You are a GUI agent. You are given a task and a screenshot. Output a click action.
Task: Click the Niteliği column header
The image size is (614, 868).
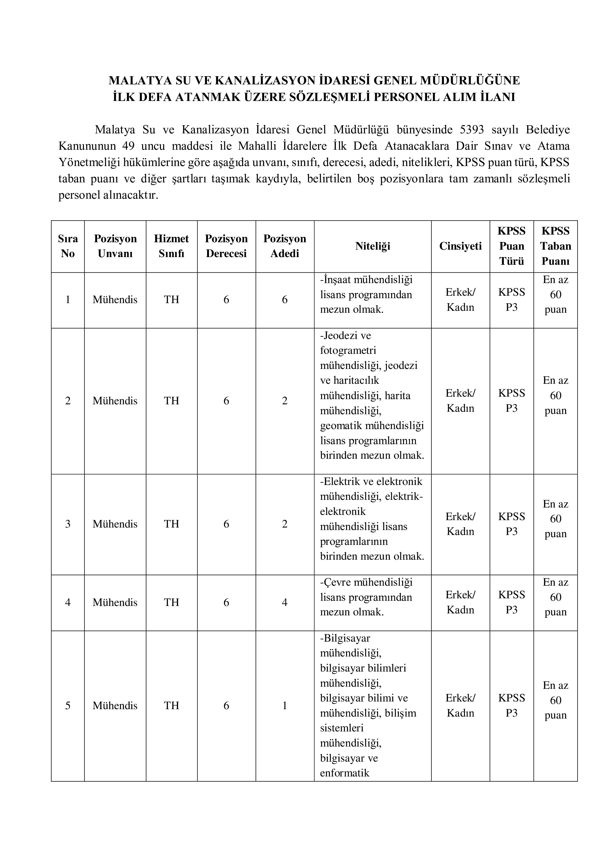pyautogui.click(x=372, y=246)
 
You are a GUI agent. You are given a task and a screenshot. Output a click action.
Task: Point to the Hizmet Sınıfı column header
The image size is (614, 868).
pyautogui.click(x=171, y=246)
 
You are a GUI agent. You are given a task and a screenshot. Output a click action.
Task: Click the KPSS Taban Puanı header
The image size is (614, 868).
pyautogui.click(x=555, y=246)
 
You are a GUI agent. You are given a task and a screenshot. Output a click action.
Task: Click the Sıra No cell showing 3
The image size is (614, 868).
pyautogui.click(x=68, y=524)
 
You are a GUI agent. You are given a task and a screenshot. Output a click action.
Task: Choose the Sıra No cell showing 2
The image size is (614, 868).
pyautogui.click(x=68, y=401)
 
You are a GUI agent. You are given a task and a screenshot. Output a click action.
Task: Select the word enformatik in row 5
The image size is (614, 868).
pyautogui.click(x=344, y=773)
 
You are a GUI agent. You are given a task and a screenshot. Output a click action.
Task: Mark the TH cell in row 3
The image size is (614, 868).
pyautogui.click(x=171, y=524)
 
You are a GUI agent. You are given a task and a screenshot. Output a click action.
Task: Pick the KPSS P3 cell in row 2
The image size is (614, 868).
pyautogui.click(x=512, y=401)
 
